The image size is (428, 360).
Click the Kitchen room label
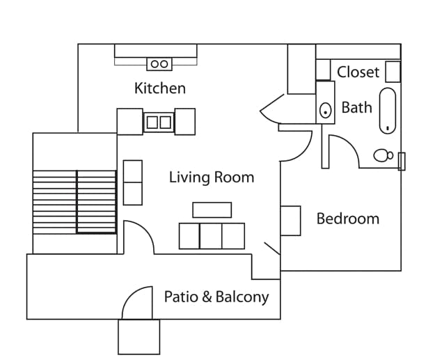(160, 88)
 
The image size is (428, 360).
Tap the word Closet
(358, 72)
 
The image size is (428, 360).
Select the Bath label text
(356, 108)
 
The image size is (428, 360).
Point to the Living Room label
(212, 177)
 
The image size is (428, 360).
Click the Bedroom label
(348, 219)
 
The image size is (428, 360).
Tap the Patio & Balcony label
(216, 297)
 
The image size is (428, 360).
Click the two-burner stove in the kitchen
(159, 64)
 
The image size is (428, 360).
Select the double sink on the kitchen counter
(159, 123)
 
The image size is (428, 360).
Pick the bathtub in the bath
(388, 110)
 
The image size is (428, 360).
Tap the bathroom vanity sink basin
(325, 110)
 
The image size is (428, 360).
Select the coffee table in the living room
(212, 210)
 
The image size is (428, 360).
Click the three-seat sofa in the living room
(212, 236)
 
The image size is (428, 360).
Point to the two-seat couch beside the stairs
(132, 182)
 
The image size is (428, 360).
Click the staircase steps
(74, 202)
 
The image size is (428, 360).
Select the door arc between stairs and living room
(141, 235)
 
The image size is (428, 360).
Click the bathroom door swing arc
(345, 149)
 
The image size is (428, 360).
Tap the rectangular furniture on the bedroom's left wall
(290, 221)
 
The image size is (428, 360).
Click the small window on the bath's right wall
(401, 162)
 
